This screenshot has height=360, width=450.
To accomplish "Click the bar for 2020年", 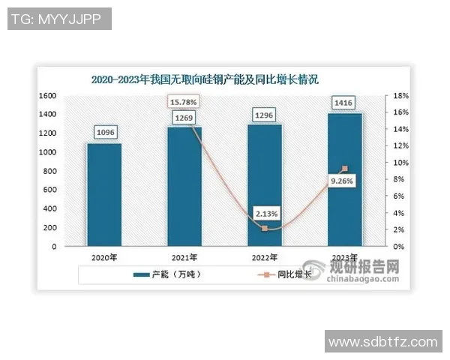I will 103,194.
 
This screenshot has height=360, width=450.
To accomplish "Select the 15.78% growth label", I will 184,101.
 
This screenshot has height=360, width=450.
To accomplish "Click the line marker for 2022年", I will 264,228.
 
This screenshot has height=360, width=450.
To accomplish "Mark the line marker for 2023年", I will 344,169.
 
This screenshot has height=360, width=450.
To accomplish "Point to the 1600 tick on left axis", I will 48,96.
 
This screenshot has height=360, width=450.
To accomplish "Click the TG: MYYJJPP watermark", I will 59,19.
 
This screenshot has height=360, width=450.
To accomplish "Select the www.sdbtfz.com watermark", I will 383,341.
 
